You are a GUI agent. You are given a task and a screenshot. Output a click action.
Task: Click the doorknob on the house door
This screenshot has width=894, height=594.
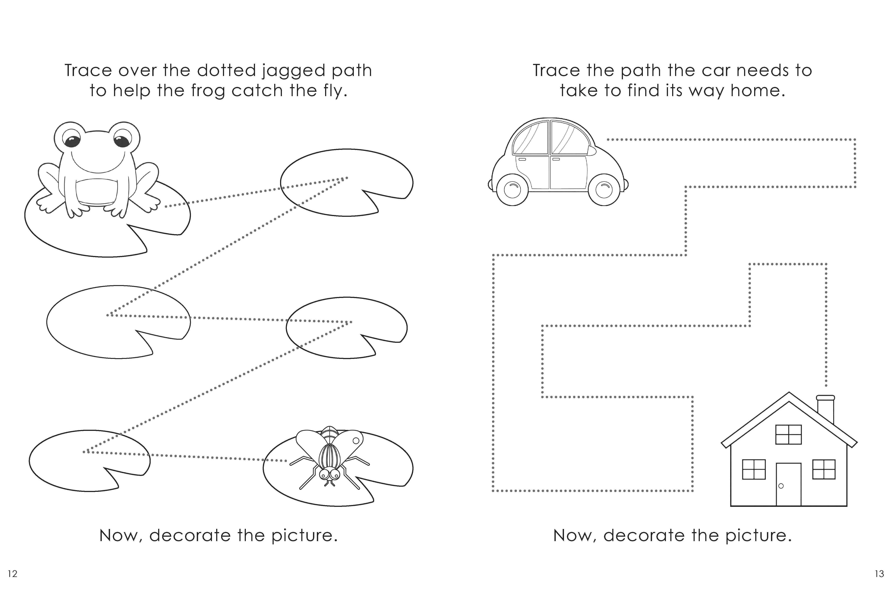click(781, 486)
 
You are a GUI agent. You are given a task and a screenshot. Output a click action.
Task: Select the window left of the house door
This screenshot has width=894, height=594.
click(754, 469)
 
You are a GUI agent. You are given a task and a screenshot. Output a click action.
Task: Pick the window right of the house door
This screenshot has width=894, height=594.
click(824, 469)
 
